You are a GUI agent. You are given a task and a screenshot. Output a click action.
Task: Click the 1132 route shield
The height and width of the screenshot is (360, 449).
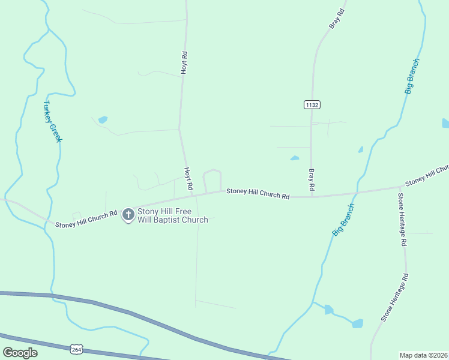[312, 104]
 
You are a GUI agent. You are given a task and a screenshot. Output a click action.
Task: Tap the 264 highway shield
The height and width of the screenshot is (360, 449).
[76, 349]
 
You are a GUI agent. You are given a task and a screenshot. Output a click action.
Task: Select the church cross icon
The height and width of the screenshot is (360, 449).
[128, 214]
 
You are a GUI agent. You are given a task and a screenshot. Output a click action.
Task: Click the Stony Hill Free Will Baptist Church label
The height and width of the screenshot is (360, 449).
[172, 215]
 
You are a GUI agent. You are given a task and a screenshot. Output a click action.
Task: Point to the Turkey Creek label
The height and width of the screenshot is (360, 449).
[52, 121]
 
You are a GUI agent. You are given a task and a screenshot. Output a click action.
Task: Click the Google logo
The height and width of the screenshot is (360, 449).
[20, 353]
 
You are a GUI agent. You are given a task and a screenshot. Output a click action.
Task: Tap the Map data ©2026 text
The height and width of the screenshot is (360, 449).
[423, 355]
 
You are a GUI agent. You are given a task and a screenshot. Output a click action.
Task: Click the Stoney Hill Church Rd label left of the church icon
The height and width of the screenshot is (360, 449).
[86, 220]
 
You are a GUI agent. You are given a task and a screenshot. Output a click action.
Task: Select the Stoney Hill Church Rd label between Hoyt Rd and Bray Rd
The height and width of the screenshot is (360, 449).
[258, 194]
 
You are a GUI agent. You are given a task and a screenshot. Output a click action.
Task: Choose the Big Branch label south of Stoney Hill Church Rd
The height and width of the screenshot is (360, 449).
[343, 220]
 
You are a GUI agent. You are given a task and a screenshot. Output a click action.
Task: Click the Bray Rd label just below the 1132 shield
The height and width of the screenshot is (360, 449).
[312, 179]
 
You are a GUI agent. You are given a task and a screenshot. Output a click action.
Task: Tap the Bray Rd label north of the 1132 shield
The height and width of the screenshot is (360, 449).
[337, 19]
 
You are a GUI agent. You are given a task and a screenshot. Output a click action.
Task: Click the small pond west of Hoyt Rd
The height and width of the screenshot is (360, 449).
[103, 119]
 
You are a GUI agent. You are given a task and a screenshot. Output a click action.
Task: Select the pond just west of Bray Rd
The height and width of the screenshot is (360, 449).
[294, 158]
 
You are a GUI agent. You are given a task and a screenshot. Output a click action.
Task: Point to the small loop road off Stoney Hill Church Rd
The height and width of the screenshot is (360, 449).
[212, 178]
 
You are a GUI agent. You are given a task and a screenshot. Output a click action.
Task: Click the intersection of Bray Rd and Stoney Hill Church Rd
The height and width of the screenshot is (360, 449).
[312, 196]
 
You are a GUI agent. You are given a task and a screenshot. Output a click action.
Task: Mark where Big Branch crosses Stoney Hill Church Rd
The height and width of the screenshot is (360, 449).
[358, 193]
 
